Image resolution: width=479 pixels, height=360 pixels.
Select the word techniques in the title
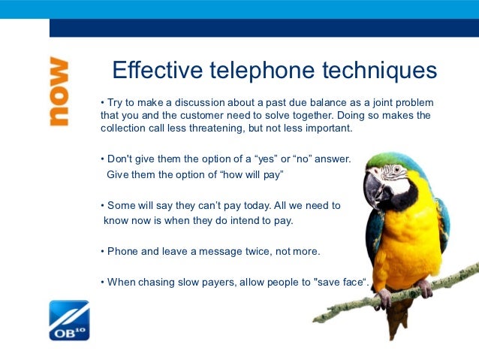[x=380, y=71]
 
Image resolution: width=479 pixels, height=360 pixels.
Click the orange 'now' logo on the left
[x=59, y=90]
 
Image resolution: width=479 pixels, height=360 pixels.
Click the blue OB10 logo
[x=69, y=320]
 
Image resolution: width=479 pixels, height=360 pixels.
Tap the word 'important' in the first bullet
[x=327, y=129]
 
